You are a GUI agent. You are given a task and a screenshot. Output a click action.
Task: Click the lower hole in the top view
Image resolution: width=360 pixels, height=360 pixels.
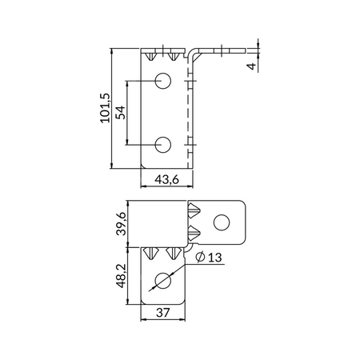163,144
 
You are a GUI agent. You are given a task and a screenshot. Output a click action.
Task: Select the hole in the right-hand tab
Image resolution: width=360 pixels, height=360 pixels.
223,221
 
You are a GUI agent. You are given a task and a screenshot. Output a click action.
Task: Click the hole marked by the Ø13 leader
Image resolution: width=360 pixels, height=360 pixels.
164,281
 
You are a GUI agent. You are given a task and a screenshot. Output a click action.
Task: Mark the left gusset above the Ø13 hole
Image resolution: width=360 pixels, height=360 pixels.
152,254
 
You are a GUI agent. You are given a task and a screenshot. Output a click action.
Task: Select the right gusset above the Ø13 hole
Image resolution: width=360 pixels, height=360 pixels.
170,254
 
